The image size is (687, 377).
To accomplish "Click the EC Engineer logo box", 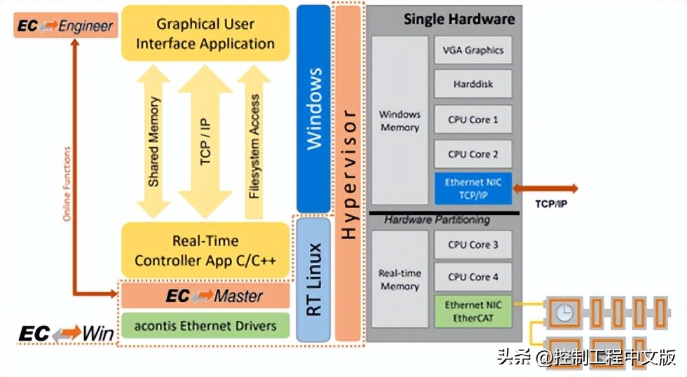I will [x=64, y=26].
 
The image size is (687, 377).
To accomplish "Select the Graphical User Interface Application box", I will [x=205, y=34].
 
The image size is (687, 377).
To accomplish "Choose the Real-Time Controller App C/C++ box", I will [x=205, y=251].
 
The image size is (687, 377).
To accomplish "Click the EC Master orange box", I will [x=205, y=296].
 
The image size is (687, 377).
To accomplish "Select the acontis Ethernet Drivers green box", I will [x=205, y=325].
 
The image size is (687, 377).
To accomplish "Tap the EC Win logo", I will [x=66, y=334].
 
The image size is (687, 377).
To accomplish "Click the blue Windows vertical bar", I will [x=313, y=109].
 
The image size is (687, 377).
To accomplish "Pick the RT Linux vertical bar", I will [x=313, y=279].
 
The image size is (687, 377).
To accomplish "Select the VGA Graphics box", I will [x=473, y=50].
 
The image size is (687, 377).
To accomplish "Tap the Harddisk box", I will [x=473, y=84].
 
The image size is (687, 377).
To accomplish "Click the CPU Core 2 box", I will [x=473, y=154].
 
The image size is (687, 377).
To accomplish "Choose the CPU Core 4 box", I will [x=473, y=277].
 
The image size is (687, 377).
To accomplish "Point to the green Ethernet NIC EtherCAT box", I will [x=473, y=311].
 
